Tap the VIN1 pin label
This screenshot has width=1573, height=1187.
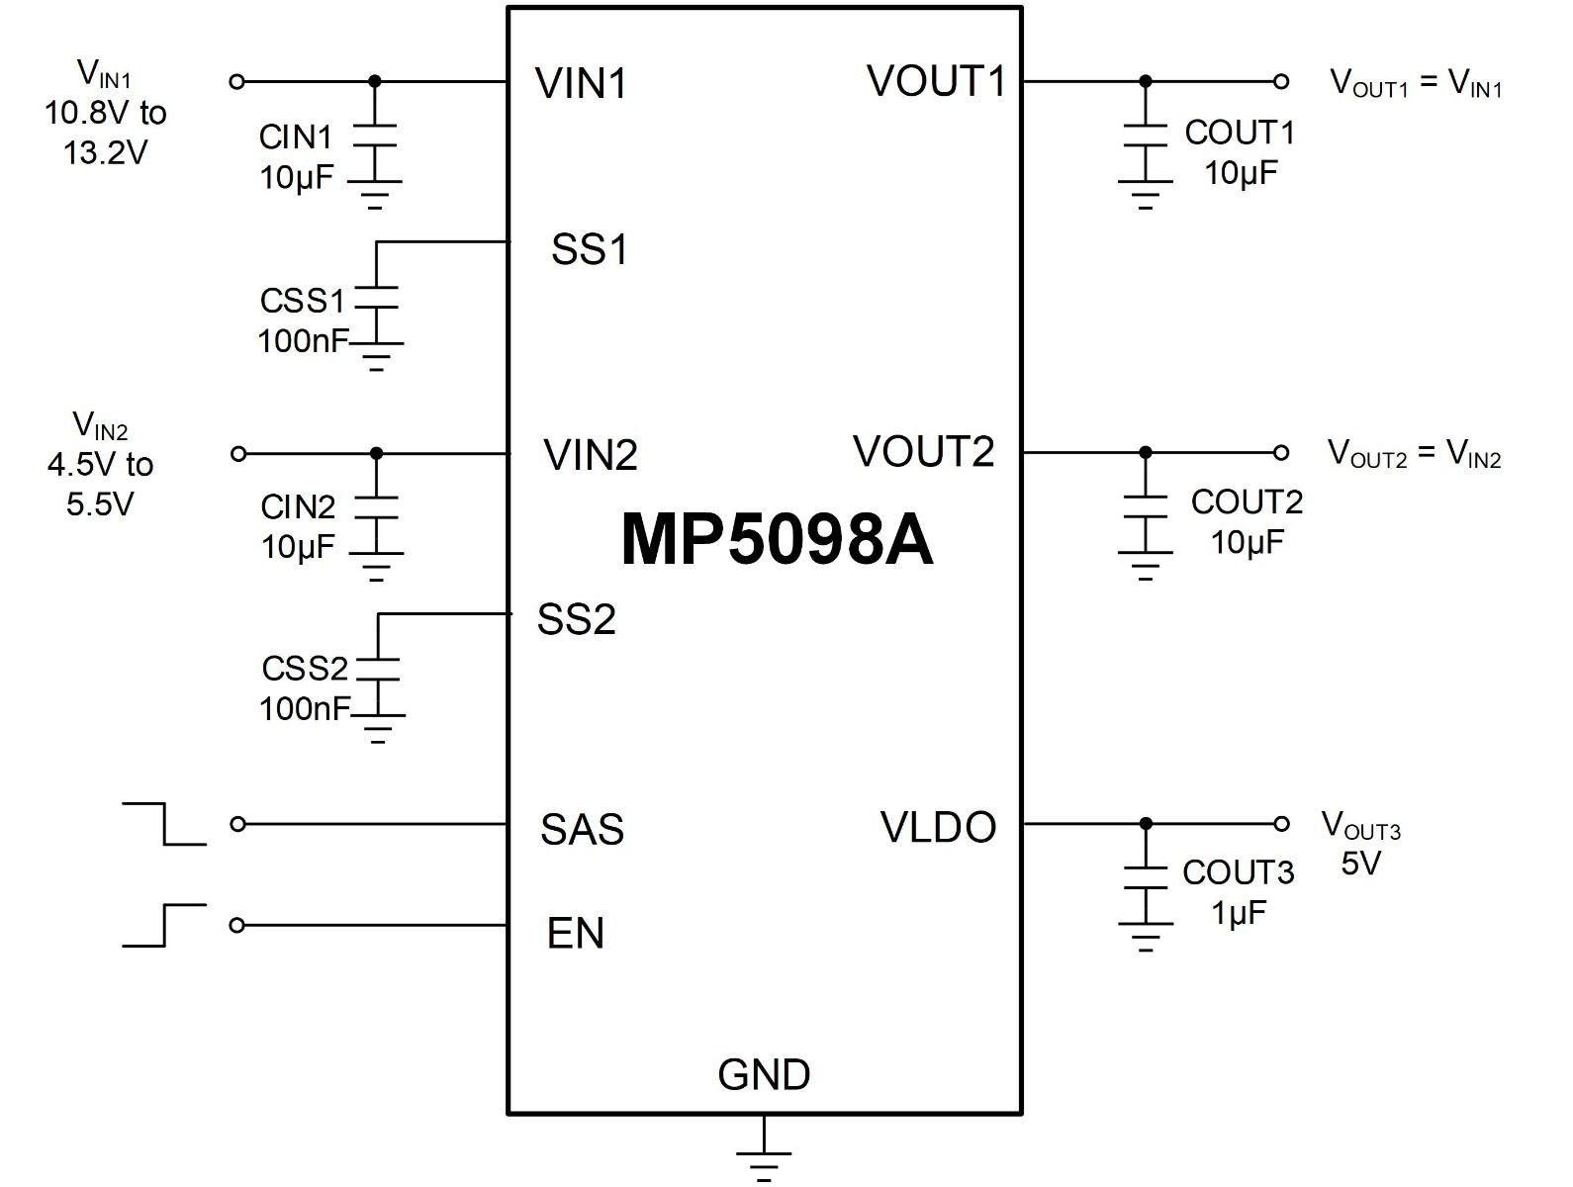coord(581,83)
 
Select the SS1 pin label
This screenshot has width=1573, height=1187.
coord(589,250)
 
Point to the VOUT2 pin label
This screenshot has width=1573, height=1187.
coord(923,451)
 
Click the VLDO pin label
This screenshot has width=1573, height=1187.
coord(937,827)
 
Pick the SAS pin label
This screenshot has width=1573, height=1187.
coord(582,830)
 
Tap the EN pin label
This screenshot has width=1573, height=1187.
coord(576,933)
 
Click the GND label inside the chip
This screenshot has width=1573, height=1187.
coord(764,1074)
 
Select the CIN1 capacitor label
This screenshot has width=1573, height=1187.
coord(295,137)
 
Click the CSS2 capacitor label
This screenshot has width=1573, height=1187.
coord(305,669)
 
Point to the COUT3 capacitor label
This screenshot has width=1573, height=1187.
coord(1239,872)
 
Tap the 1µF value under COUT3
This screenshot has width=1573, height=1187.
coord(1239,913)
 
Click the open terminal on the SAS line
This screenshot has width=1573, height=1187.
coord(237,825)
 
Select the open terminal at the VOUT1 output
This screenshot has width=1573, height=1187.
coord(1281,82)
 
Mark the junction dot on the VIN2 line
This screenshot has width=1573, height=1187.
coord(376,453)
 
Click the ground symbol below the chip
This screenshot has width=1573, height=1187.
coord(764,1152)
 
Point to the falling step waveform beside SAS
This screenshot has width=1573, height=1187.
coord(164,824)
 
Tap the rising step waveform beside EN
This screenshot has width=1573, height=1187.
coord(164,926)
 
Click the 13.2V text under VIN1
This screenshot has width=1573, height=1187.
coord(105,152)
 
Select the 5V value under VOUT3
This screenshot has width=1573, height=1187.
coord(1360,864)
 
